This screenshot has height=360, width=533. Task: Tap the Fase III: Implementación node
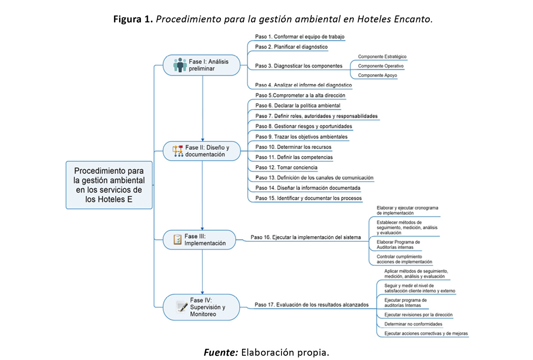pos(199,240)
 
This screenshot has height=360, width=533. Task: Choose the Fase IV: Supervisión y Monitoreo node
pos(201,307)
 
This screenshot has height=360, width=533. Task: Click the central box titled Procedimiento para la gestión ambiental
pos(109,185)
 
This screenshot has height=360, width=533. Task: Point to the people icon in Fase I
pos(180,65)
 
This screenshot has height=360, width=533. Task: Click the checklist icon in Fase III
pos(177,240)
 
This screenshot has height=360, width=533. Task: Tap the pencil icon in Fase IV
pos(182,307)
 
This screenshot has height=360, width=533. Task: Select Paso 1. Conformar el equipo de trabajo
pos(300,37)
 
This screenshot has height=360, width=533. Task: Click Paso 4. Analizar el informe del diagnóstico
pos(303,85)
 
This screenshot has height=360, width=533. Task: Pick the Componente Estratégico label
pos(382,57)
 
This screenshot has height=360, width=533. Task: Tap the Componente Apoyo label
pos(377,75)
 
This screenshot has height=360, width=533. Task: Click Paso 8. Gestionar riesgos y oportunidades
pos(303,126)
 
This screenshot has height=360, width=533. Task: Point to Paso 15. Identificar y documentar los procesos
pos(308,198)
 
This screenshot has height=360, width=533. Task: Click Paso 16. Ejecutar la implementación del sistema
pos(306,237)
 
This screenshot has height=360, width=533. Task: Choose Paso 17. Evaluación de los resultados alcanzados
pos(311,305)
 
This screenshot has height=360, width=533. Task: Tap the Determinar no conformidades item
pos(413,324)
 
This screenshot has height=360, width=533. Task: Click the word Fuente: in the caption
pos(221,353)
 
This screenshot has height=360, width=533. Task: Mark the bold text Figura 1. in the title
pos(133,20)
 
